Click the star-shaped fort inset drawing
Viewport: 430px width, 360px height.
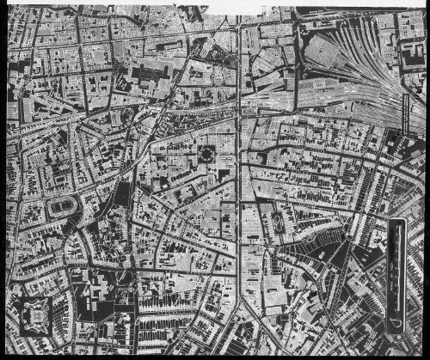30,315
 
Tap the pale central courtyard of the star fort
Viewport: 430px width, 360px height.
30,315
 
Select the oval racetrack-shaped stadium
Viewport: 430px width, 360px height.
63,208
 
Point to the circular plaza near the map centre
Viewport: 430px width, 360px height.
207,156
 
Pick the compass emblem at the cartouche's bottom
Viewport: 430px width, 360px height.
396,322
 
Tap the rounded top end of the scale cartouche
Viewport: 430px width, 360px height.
397,225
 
